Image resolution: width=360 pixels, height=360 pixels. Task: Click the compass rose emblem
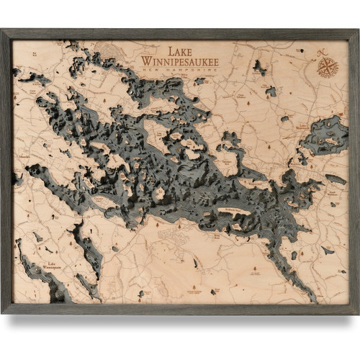328,67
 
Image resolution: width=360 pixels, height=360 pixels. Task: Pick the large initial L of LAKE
170,51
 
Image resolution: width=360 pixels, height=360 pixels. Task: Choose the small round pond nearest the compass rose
271,91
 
